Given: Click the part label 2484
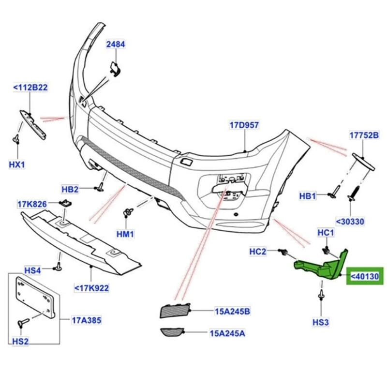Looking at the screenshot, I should click(x=116, y=45).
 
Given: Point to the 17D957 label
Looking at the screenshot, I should click(x=244, y=125).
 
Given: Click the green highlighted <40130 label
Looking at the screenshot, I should click(x=366, y=276).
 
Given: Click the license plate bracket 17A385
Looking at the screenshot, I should click(x=35, y=297).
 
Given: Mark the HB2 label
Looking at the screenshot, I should click(x=70, y=189).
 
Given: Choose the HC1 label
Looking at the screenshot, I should click(x=326, y=233).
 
